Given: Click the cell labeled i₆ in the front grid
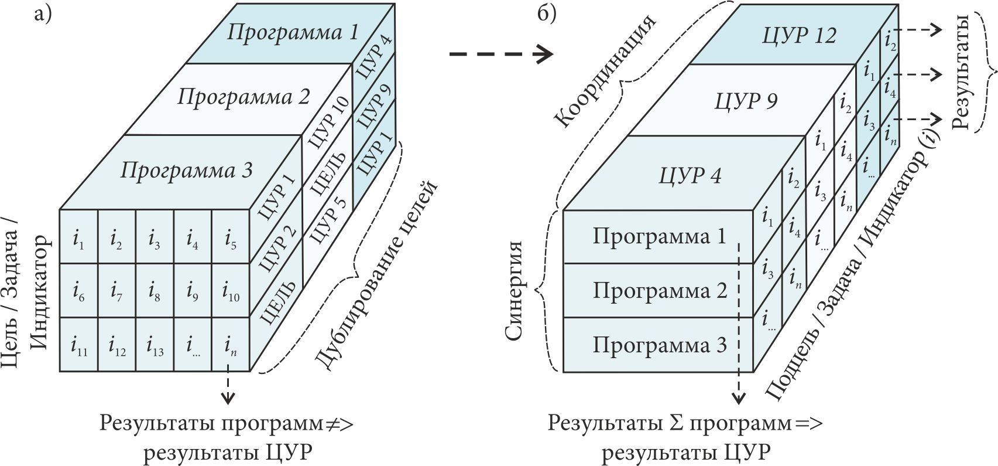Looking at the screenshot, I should [x=78, y=291].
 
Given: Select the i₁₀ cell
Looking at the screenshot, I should [x=231, y=291].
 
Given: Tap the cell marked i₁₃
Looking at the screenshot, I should [x=155, y=345].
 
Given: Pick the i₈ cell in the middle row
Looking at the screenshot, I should [x=155, y=291].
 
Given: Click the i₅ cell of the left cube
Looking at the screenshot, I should [x=231, y=237].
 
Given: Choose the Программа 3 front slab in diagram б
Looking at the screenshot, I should [x=659, y=345].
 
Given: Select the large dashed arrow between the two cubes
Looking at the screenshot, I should [x=500, y=55].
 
